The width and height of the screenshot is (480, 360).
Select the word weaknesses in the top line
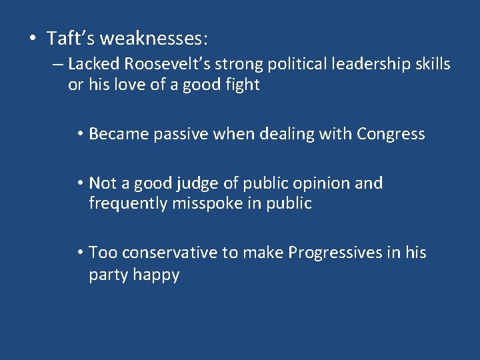tap(153, 39)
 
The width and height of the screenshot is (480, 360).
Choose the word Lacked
tap(92, 65)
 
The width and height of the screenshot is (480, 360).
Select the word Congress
tap(391, 134)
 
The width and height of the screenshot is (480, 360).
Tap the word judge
tap(190, 183)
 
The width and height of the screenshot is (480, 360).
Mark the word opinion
tap(324, 183)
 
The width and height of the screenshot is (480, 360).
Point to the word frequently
tap(129, 204)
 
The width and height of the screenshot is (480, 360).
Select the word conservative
tap(170, 253)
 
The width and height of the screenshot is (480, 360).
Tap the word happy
tap(156, 275)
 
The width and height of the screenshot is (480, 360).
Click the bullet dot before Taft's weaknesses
tap(33, 39)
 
